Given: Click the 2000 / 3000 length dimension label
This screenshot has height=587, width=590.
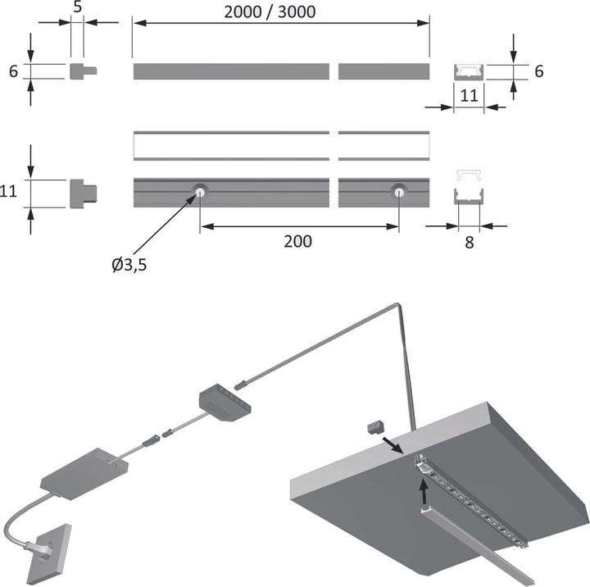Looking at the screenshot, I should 281,11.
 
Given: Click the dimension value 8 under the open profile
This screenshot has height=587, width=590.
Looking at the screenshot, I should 468,243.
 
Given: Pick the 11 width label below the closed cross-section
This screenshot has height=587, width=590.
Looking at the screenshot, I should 468,94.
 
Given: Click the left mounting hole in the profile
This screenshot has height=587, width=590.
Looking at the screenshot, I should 200,193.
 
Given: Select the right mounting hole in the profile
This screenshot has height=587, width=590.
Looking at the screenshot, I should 398,193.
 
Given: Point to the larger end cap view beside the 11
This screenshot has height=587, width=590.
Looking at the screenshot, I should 84,193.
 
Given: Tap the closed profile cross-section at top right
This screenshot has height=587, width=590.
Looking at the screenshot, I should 469,71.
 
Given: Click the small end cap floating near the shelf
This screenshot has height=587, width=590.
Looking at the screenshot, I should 377,427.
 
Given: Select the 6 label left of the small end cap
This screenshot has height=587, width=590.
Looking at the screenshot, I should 13,71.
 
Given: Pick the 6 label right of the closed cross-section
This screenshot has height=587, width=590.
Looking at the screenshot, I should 538,71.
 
